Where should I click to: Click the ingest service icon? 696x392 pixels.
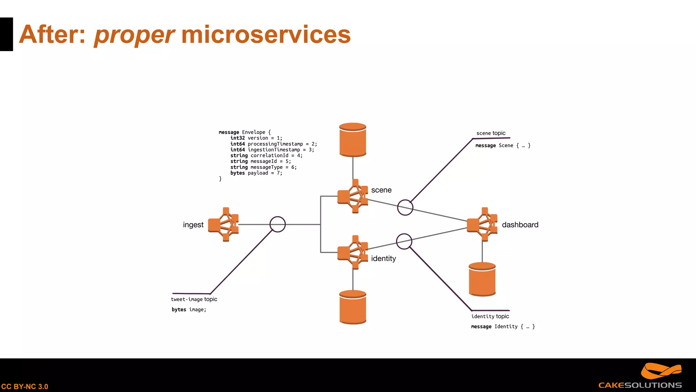pos(224,225)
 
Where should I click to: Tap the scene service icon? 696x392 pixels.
pos(353,196)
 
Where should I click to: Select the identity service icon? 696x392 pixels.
pos(353,252)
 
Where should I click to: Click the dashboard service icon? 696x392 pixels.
pos(482,225)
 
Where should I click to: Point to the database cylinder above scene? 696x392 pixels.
pos(353,140)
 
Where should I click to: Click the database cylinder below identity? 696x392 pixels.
pos(353,307)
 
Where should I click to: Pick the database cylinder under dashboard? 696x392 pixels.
pos(482,279)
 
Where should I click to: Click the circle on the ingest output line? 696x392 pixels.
pos(278,225)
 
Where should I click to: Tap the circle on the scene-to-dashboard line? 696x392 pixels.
pos(405,207)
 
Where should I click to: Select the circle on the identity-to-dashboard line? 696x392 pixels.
pos(404,242)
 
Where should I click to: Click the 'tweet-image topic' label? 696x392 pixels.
pos(194,299)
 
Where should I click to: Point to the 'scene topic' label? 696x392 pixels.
pos(491,133)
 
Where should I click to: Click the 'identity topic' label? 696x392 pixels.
pos(490,316)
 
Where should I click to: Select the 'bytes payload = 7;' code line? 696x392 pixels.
pos(256,173)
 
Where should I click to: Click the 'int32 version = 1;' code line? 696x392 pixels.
pos(256,138)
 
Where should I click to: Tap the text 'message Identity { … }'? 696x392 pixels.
pos(503,327)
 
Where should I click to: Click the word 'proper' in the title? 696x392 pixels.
pos(134,35)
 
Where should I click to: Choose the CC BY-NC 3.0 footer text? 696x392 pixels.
pos(25,387)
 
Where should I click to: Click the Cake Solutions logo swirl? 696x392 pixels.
pos(661,371)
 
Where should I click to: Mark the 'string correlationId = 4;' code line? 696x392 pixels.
pos(266,156)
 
